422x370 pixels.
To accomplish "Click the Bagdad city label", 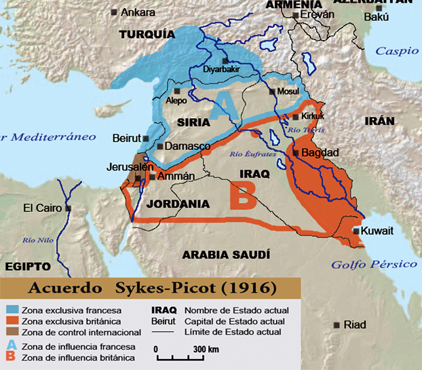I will tap(320, 153).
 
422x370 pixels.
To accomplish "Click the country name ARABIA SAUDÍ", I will tap(227, 255).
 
